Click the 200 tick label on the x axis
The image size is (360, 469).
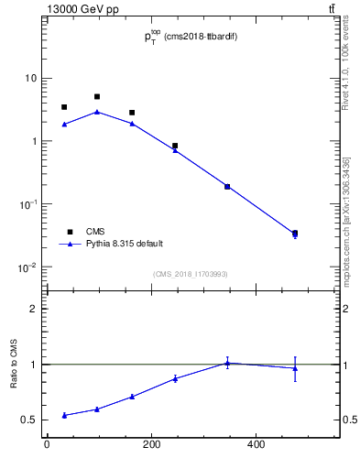pos(151,445)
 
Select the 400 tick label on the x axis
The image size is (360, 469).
pos(256,445)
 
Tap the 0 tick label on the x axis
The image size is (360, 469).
pos(47,445)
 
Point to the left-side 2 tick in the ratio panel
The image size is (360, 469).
pos(33,309)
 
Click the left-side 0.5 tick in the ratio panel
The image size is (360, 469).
pos(29,420)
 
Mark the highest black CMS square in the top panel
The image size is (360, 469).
pos(97,96)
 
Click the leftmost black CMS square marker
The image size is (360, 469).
pos(64,107)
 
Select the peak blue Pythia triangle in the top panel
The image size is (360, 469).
pos(97,112)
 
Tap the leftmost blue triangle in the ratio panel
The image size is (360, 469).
pos(64,415)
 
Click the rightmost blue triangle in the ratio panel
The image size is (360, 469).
pos(295,368)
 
